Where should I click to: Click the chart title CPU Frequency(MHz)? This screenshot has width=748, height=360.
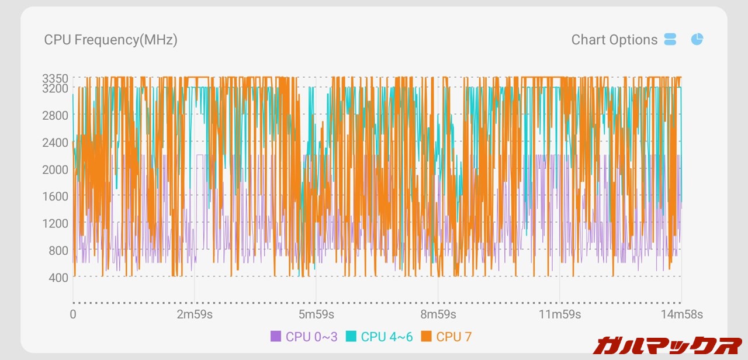click(x=110, y=40)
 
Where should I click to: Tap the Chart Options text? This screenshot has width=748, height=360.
click(x=614, y=40)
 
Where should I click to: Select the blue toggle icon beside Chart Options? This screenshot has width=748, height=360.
click(x=670, y=40)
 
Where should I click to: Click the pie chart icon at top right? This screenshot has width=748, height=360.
click(x=697, y=39)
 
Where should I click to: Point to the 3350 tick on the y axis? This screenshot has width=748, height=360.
click(x=55, y=78)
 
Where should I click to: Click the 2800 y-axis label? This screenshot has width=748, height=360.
click(x=55, y=115)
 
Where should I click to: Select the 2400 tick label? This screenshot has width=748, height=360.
click(x=55, y=142)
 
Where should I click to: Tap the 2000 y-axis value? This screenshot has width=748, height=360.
click(x=55, y=169)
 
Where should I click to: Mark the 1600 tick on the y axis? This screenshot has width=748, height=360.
click(x=55, y=196)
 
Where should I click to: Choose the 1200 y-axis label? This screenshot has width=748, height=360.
click(x=55, y=223)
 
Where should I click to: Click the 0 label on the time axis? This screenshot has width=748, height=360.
click(x=73, y=315)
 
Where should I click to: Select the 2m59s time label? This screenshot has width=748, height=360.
click(x=195, y=315)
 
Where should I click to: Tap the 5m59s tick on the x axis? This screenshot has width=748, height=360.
click(x=316, y=315)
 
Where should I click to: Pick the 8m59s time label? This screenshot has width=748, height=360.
click(x=438, y=315)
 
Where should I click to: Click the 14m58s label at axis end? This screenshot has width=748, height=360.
click(x=681, y=315)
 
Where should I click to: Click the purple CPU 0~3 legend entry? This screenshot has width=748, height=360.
click(x=304, y=337)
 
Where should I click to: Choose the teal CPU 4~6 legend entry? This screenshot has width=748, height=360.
click(x=379, y=337)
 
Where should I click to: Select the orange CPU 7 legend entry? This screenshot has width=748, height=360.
click(x=446, y=337)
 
